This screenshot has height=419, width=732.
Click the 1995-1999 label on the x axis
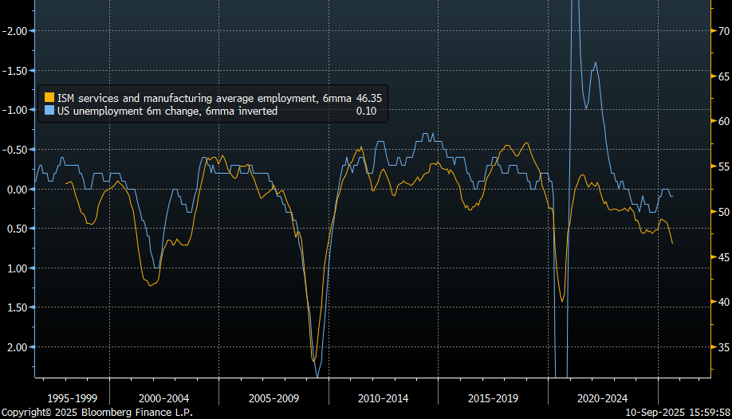point(72,397)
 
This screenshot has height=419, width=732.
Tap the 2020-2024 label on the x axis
point(602,397)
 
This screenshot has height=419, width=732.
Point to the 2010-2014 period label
point(383,397)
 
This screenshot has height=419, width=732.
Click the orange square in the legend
point(49,98)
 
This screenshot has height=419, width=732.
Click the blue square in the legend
point(49,111)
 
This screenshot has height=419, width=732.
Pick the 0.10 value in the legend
point(367,111)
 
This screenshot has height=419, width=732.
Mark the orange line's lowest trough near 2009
point(313,361)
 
